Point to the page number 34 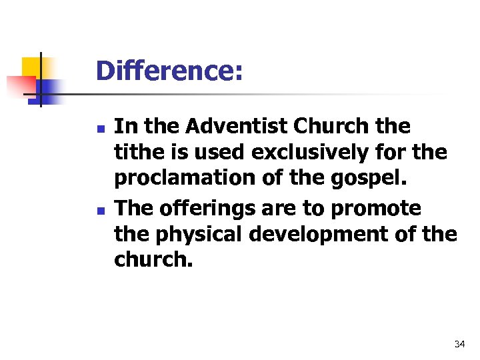(x=459, y=344)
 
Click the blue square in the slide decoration (x=51, y=89)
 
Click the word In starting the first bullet (x=123, y=127)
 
